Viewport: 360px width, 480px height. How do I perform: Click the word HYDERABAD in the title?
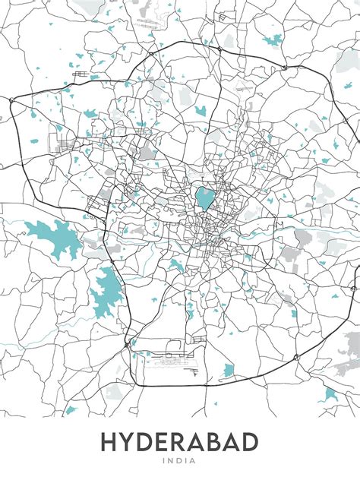coord(180,442)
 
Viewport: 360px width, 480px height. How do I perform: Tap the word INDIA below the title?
coord(180,460)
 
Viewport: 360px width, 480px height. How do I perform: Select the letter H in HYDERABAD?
coord(112,442)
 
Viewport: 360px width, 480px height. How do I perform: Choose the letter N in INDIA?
coord(173,460)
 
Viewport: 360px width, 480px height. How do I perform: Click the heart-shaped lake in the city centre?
coord(204,199)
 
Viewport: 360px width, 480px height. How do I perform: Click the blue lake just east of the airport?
coord(229,371)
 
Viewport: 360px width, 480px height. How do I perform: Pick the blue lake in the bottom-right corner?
coord(330,394)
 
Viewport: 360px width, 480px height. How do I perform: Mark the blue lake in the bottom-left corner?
coord(71,411)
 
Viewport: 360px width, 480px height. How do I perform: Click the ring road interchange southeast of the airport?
coord(248,378)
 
